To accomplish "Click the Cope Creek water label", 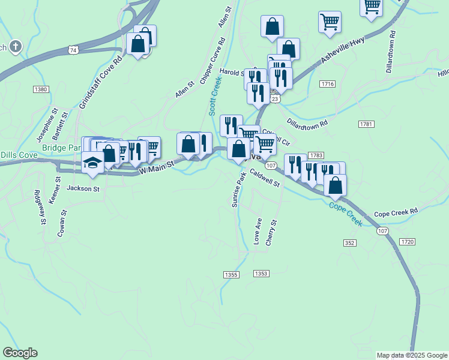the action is [345, 213].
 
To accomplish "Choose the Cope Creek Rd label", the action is [396, 213].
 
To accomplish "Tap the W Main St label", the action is [157, 167].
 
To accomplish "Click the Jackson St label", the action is [83, 188].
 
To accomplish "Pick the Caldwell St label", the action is [265, 178].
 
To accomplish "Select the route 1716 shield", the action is [327, 84].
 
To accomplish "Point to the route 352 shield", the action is [350, 243].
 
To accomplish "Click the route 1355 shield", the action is [231, 274].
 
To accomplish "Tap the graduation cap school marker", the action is [92, 163].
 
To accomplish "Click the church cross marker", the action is [16, 46].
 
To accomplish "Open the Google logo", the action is [20, 353].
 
